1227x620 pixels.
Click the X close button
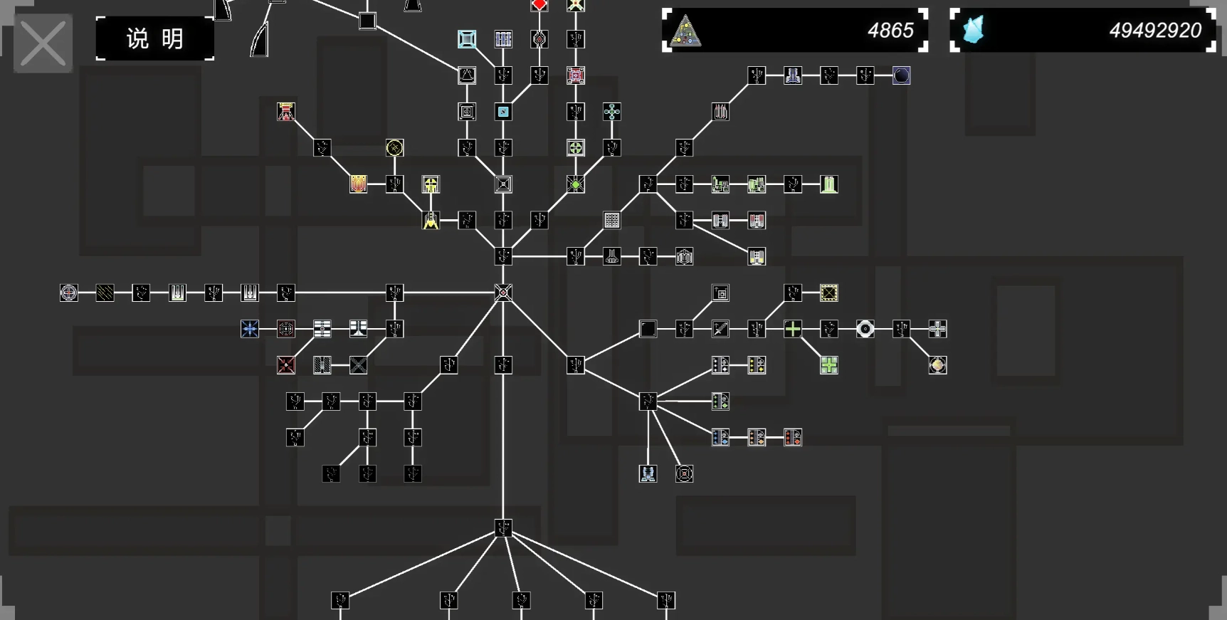click(43, 43)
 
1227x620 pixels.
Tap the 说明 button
click(154, 38)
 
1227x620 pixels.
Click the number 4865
click(890, 31)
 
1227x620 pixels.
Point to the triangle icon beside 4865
click(685, 31)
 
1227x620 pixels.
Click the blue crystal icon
click(973, 31)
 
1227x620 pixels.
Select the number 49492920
click(1154, 31)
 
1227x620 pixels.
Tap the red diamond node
click(539, 5)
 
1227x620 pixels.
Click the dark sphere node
click(901, 75)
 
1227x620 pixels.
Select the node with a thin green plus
click(793, 329)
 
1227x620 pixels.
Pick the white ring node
click(865, 329)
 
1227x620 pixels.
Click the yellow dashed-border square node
click(828, 293)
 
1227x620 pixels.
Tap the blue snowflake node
click(250, 329)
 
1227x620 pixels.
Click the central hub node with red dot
click(503, 293)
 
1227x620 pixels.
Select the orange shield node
click(358, 184)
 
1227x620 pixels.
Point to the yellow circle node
click(394, 148)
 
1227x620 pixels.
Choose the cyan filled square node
click(503, 112)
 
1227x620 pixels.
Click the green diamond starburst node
click(576, 184)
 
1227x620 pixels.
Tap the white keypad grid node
click(611, 221)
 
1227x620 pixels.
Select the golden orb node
click(937, 365)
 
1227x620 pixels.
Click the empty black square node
click(648, 329)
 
